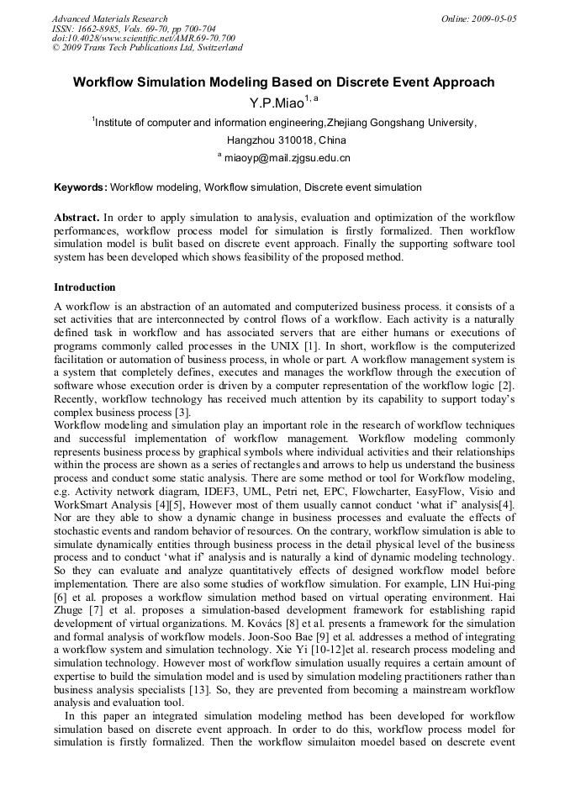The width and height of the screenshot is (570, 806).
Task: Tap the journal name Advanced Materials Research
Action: (109, 18)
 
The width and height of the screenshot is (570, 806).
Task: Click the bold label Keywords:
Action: (81, 187)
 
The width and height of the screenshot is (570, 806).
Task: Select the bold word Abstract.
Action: (77, 218)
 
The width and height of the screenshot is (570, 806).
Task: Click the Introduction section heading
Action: (85, 288)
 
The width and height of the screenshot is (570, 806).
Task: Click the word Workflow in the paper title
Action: (106, 83)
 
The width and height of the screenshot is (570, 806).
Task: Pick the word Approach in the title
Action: (462, 83)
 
